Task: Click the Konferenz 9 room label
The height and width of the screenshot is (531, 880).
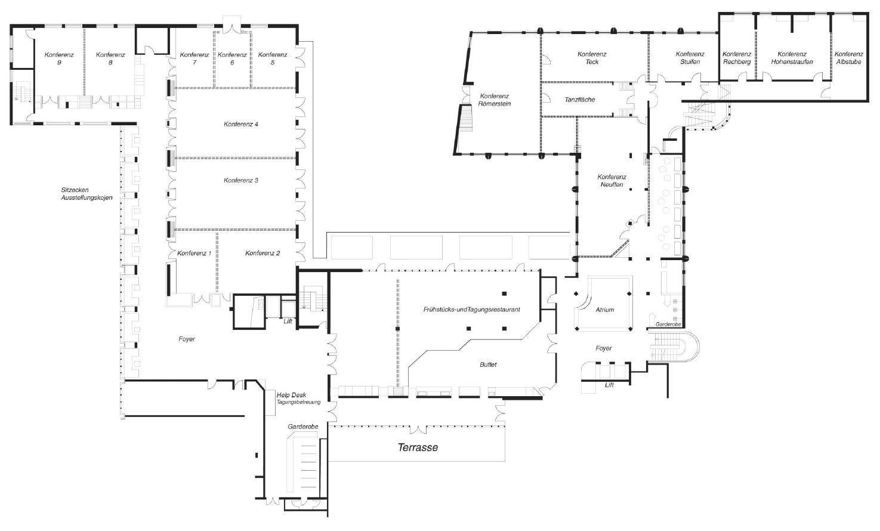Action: [59, 58]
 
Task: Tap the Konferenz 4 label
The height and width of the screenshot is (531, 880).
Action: [241, 124]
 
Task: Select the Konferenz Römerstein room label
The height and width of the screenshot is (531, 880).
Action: [494, 100]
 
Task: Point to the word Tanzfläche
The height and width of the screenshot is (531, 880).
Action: [580, 100]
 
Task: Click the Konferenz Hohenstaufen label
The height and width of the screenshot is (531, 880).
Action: [792, 58]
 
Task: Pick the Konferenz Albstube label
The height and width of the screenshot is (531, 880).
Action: [849, 58]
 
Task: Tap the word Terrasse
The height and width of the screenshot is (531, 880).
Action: [418, 447]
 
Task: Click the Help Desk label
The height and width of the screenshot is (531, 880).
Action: [291, 395]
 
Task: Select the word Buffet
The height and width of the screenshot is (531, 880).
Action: [488, 365]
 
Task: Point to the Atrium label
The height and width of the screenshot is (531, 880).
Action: [604, 310]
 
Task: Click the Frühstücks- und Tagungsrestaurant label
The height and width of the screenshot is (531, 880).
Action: [471, 310]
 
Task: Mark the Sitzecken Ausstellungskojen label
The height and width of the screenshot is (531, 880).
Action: [87, 194]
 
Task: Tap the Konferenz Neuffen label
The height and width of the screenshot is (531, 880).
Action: [612, 181]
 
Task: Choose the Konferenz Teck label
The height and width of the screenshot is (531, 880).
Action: [592, 58]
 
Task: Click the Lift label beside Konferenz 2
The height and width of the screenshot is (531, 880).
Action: [288, 321]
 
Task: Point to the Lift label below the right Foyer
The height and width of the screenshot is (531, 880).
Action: [609, 385]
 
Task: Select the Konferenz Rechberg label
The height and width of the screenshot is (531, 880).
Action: [737, 58]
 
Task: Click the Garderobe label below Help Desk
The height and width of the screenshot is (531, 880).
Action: [303, 427]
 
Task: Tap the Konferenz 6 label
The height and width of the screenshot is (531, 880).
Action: [232, 58]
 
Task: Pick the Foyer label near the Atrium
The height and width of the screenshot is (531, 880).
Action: [603, 348]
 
